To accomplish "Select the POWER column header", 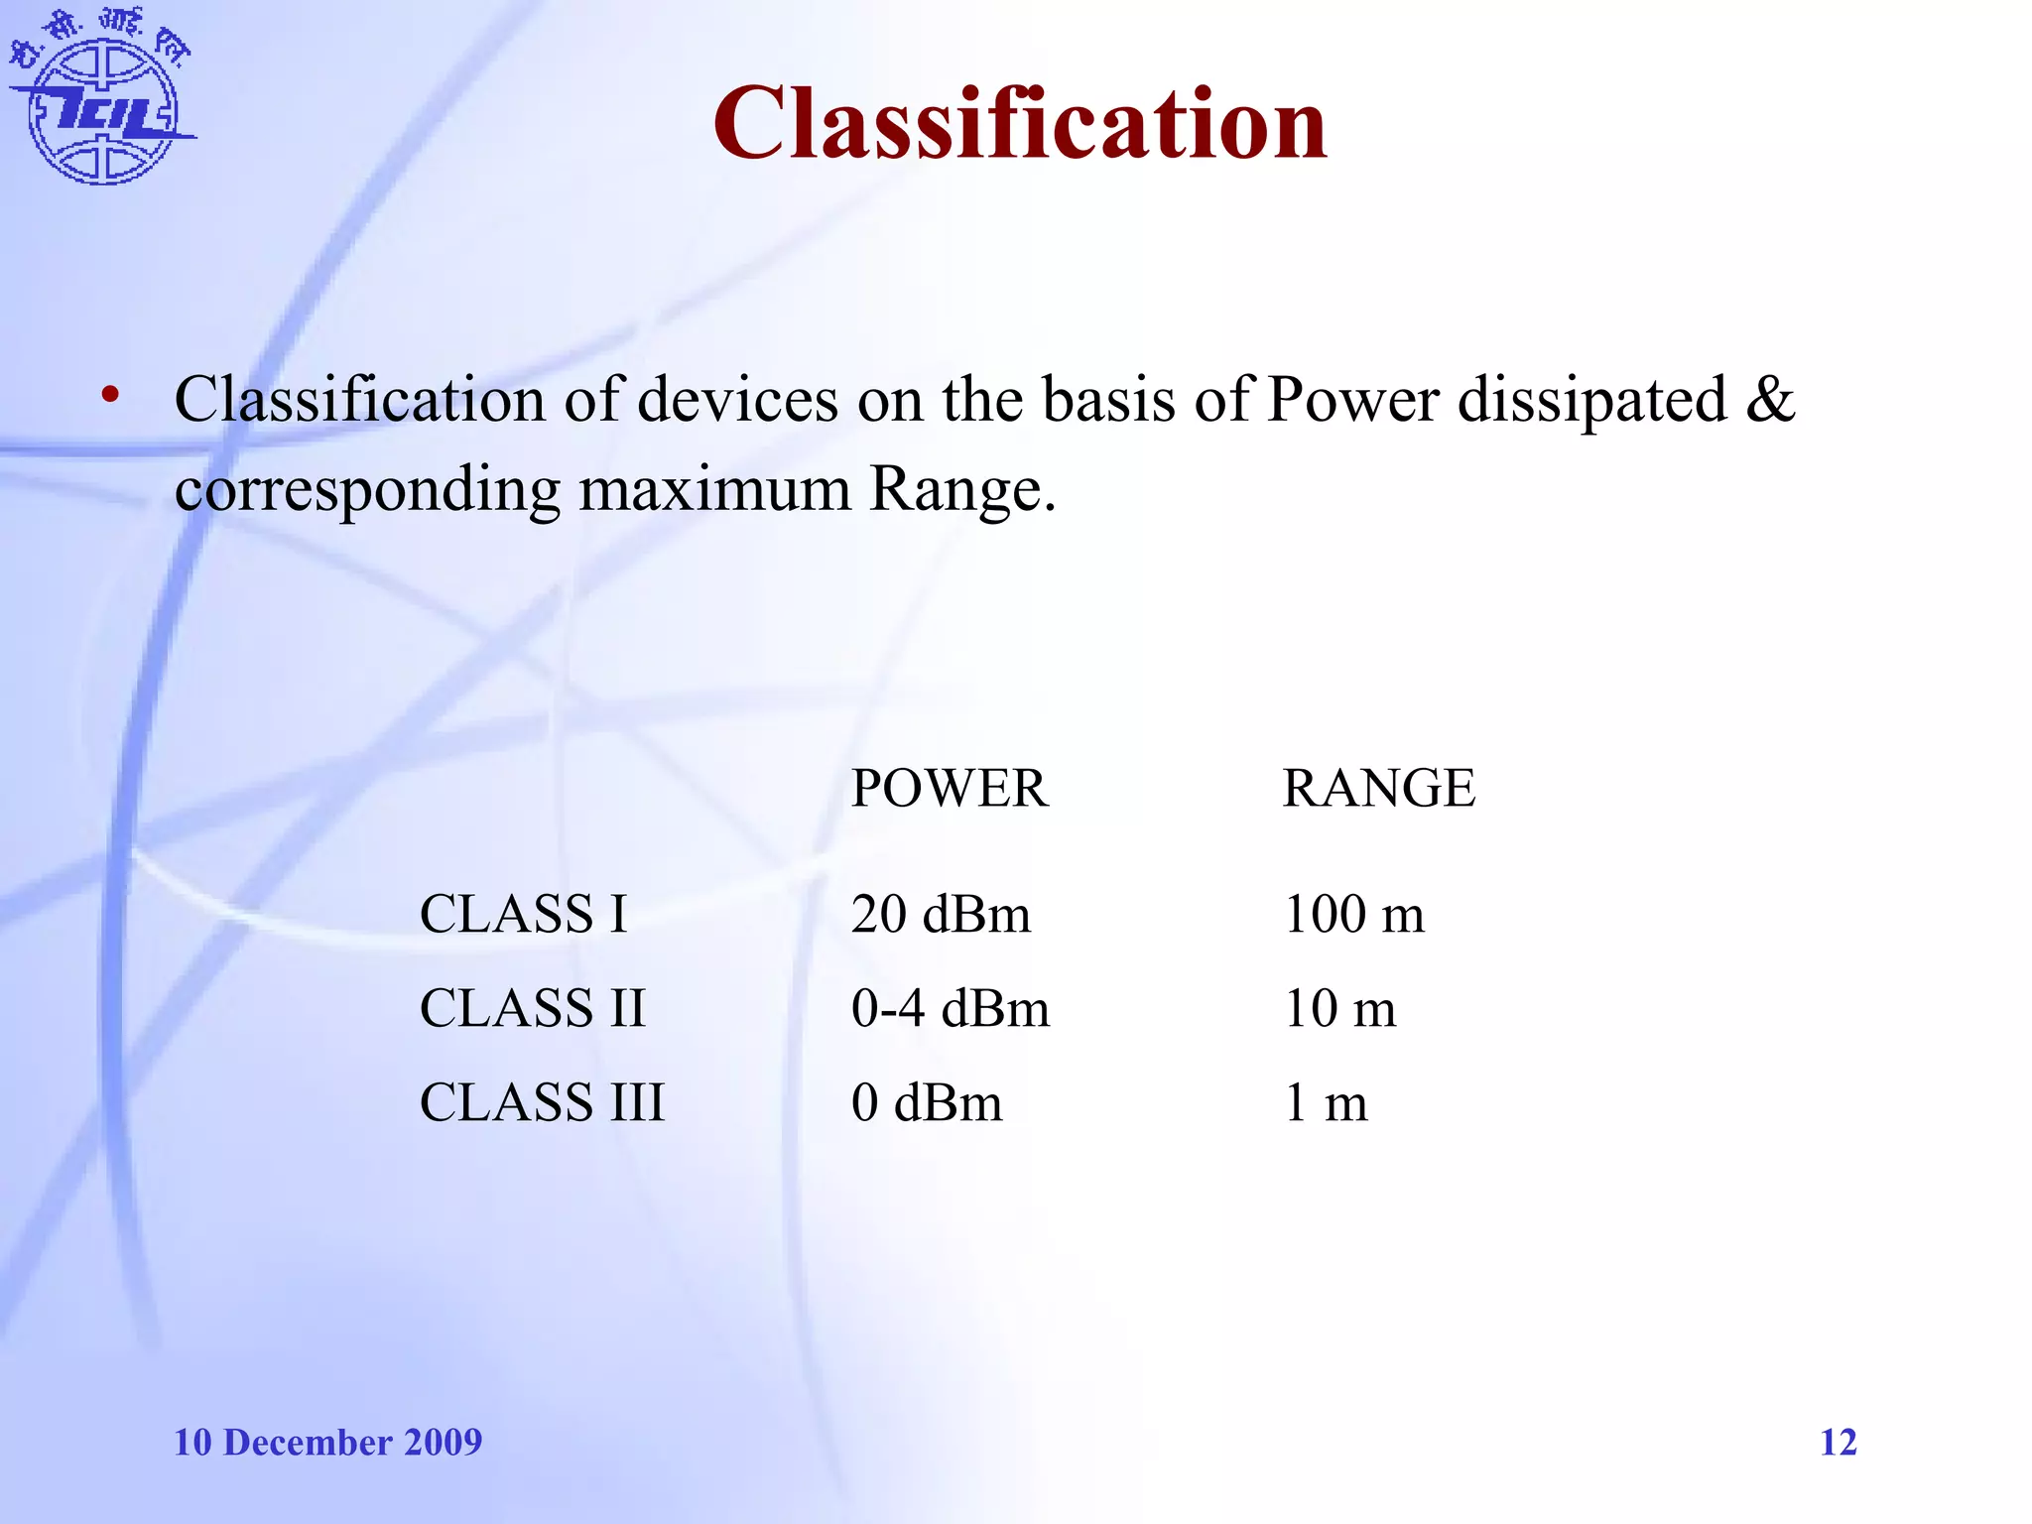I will point(950,789).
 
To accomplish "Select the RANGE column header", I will point(1378,789).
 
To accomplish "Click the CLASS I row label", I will point(523,914).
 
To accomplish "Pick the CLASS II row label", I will point(533,1008).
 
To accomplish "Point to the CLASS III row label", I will point(542,1102).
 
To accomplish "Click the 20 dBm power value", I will point(941,914).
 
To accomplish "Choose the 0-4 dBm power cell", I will point(951,1008).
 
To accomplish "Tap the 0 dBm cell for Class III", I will point(927,1102).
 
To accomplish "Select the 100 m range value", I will point(1354,914).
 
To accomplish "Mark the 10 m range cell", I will point(1340,1008).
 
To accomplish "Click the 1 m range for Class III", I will point(1327,1102).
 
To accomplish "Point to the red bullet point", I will point(110,396).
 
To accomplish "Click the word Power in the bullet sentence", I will point(1353,400).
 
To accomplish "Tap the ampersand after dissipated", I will point(1770,398).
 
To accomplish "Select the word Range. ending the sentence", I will point(961,489).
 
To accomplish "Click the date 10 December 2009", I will point(327,1442).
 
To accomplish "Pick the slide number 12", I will point(1838,1442).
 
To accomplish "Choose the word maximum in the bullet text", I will point(714,489).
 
